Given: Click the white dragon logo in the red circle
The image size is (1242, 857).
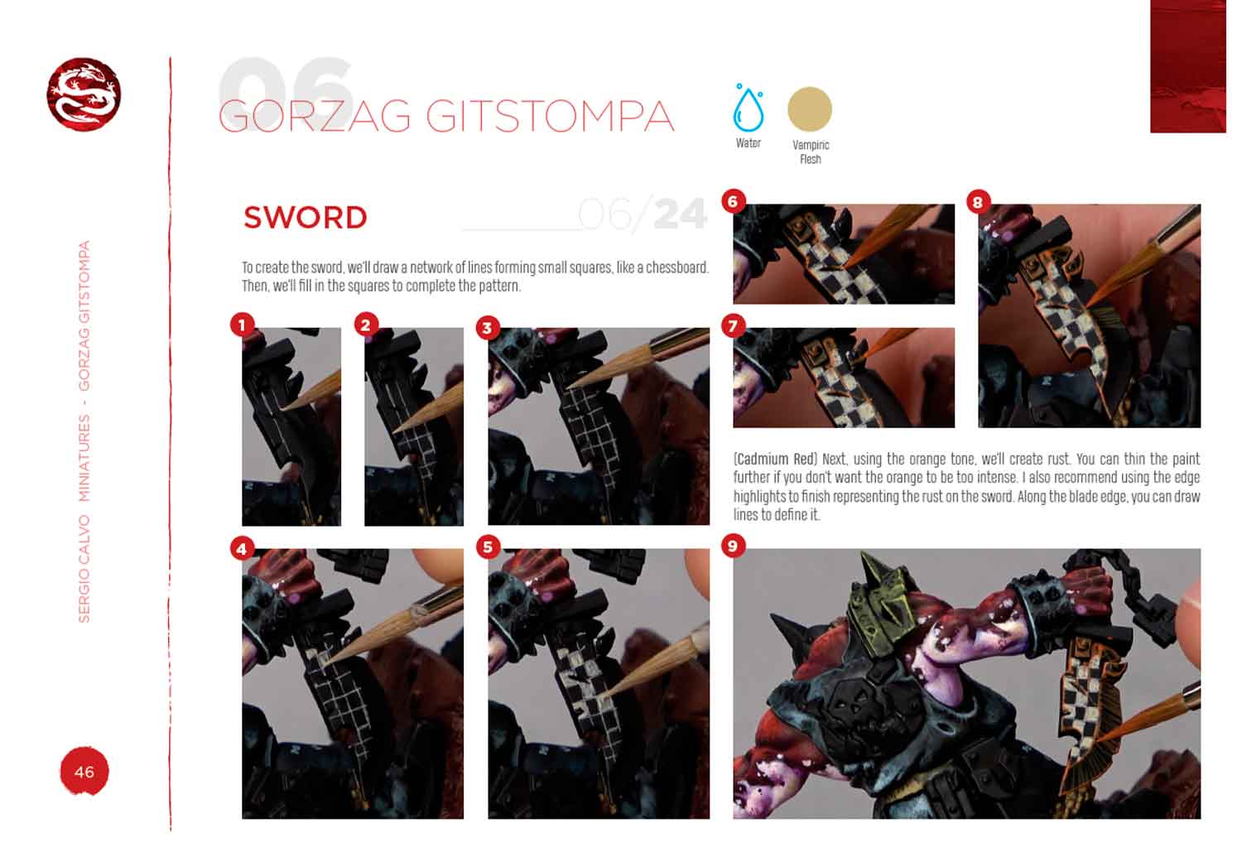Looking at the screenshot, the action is [x=84, y=94].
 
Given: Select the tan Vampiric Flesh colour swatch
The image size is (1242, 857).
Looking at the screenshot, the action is [x=810, y=109].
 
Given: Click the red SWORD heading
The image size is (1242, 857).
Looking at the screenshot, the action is [x=306, y=217].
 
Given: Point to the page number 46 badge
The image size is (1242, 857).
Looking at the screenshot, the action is [x=84, y=772].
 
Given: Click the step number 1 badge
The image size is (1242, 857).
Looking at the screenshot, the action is [x=243, y=325].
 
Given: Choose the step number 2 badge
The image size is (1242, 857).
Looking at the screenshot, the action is [x=365, y=325].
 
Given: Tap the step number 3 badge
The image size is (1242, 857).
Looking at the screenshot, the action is [x=488, y=328].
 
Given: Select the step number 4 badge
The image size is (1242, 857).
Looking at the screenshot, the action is [x=243, y=549].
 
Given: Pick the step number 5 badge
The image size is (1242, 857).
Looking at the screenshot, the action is [x=488, y=547].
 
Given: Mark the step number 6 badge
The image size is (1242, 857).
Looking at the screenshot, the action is [x=733, y=201].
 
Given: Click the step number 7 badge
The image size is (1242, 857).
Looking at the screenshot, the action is [x=733, y=325].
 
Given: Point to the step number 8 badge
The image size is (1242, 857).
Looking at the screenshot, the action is [x=978, y=202].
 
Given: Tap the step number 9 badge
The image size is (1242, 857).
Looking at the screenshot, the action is [x=733, y=546].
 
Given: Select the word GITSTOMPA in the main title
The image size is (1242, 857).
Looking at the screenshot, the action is [x=550, y=117].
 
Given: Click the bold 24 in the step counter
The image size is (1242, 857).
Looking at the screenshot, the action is [x=681, y=214].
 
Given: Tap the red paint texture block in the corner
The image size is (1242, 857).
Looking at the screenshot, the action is [x=1187, y=66].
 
